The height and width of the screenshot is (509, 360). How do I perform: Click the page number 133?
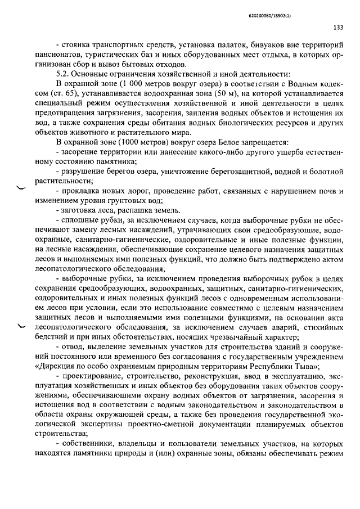coord(338,27)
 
